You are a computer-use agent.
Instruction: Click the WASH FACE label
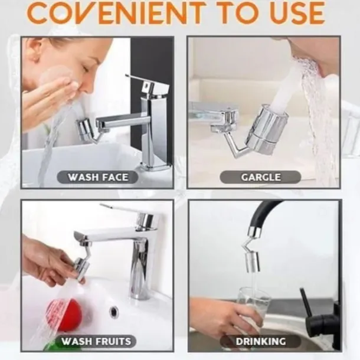pyautogui.click(x=98, y=177)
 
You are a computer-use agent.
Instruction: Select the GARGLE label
pyautogui.click(x=261, y=177)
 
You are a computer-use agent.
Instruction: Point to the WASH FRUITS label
pyautogui.click(x=96, y=341)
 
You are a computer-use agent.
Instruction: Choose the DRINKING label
pyautogui.click(x=261, y=341)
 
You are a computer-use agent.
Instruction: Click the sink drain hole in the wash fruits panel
pyautogui.click(x=114, y=312)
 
